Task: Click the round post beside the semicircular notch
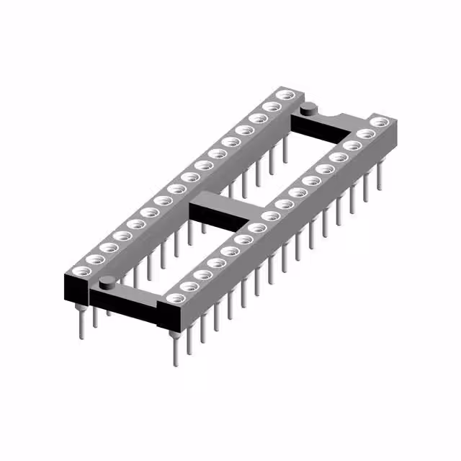pyautogui.click(x=309, y=109)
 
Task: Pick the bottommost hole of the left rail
pyautogui.click(x=79, y=272)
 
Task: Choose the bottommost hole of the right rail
pyautogui.click(x=174, y=297)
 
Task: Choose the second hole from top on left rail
pyautogui.click(x=272, y=106)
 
